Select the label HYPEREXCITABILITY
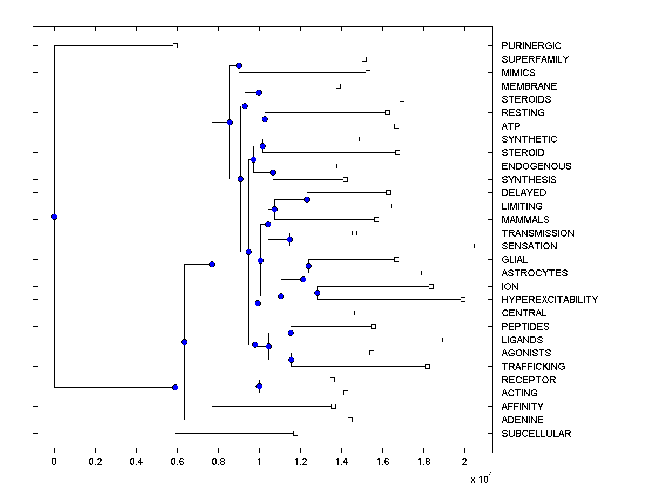point(549,300)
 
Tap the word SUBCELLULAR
point(536,434)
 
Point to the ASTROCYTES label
point(534,273)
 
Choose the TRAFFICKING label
point(533,367)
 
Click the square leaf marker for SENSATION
point(472,246)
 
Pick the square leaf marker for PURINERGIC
point(175,45)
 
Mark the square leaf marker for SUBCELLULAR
point(295,433)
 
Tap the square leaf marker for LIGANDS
point(444,340)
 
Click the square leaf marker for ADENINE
point(350,420)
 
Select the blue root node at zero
point(54,217)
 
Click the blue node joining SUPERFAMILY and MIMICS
point(239,65)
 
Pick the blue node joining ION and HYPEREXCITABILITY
point(317,293)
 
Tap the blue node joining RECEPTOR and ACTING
point(259,386)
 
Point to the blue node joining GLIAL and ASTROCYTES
point(308,266)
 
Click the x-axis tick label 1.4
point(341,462)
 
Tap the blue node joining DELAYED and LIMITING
point(307,199)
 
